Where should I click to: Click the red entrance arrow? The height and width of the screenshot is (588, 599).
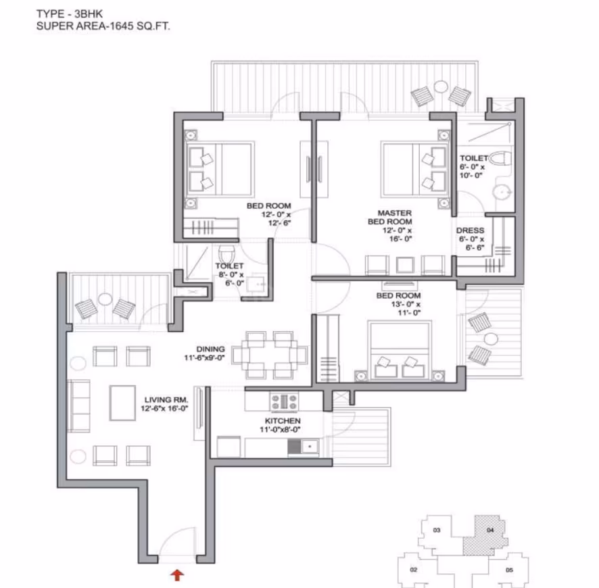177,575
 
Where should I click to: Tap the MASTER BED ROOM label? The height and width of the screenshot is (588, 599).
389,217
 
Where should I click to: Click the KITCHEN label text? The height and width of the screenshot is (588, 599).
283,421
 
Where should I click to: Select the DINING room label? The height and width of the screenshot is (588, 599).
210,349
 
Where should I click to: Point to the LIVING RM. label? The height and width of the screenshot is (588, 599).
166,399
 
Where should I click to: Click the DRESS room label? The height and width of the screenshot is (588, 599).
471,230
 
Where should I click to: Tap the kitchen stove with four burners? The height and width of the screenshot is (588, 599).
284,401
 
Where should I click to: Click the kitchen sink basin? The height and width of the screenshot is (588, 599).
310,446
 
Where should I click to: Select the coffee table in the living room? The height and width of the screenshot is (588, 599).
122,403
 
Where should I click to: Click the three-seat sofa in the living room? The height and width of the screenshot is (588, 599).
78,406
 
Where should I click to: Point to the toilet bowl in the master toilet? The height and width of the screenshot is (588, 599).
500,159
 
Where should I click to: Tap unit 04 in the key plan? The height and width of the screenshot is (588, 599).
486,535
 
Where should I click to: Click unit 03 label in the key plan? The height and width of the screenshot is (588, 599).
437,530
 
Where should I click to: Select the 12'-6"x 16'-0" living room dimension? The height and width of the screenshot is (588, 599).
165,408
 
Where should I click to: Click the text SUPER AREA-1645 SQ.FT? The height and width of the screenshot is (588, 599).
103,26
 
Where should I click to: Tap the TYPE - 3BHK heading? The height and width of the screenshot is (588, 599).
70,14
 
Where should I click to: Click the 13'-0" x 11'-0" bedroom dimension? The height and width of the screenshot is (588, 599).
406,308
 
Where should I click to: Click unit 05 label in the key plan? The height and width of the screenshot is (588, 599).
509,570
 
